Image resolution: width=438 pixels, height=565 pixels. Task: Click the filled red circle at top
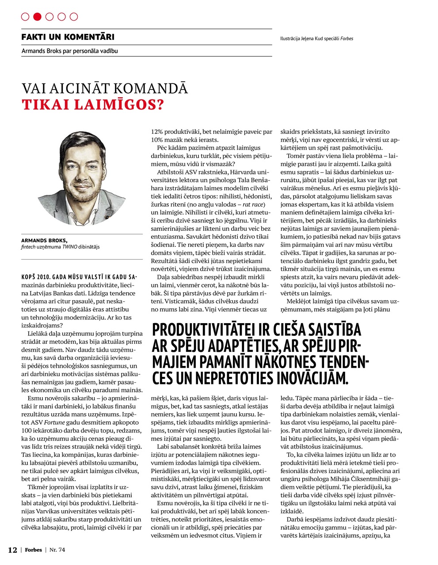pos(37,17)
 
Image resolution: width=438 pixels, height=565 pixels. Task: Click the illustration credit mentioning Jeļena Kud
pos(316,38)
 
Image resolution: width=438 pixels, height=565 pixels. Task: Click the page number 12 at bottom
pos(12,550)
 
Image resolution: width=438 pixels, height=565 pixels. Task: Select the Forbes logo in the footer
pos(33,550)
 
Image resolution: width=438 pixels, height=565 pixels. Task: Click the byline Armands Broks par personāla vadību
pos(69,51)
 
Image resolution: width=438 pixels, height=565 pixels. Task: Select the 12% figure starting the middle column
pos(157,132)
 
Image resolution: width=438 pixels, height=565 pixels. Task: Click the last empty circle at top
pos(74,17)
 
